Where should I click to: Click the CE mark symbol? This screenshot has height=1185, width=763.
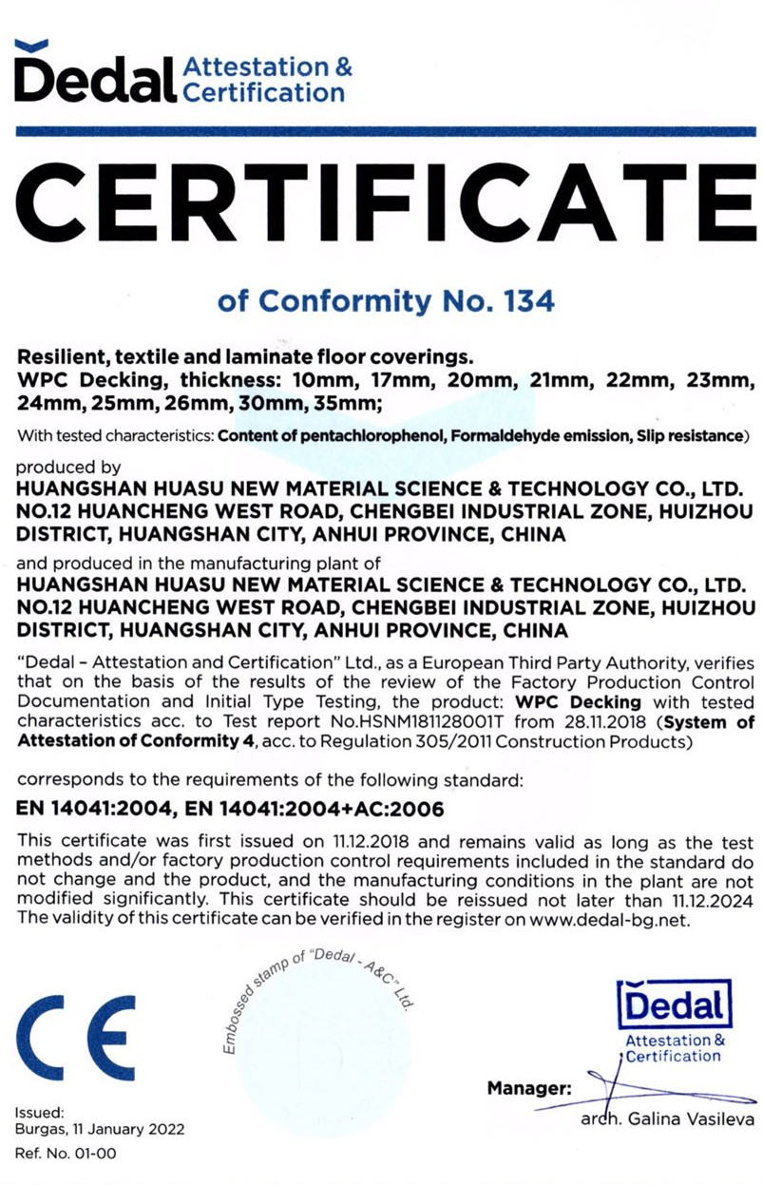(x=76, y=1035)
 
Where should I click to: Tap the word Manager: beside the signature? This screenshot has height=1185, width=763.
(x=528, y=1087)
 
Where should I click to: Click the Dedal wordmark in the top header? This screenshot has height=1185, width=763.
(x=94, y=78)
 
